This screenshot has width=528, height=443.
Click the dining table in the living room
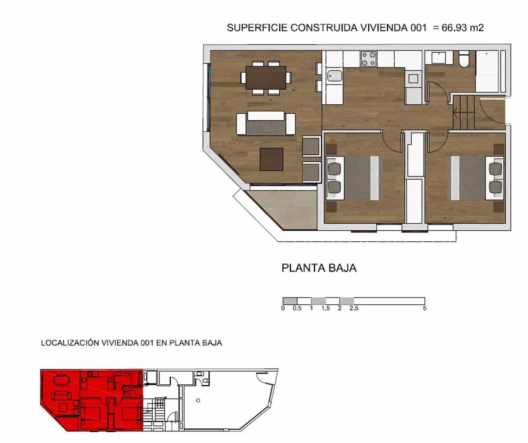(266, 78)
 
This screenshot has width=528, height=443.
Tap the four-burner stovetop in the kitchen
(368, 59)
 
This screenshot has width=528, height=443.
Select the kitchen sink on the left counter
(335, 76)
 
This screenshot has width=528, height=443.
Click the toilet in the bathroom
(463, 59)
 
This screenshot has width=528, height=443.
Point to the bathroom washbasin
(439, 58)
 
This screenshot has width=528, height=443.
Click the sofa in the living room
(266, 124)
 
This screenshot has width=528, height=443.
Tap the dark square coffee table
(272, 159)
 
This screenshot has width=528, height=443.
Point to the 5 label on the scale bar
(425, 308)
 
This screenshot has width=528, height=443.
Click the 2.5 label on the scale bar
(354, 308)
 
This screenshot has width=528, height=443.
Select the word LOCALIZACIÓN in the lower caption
(70, 343)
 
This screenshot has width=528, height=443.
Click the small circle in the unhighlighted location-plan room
(198, 401)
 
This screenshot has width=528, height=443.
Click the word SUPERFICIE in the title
(257, 28)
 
